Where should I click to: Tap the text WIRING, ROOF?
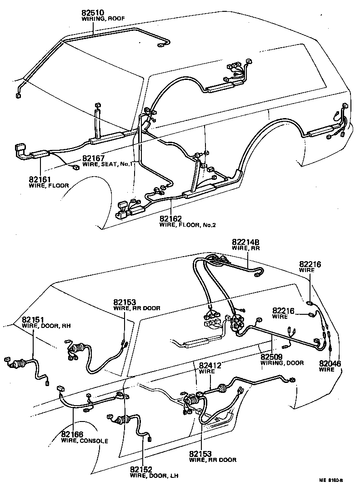tap(103, 19)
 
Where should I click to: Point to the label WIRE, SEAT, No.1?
tap(107, 164)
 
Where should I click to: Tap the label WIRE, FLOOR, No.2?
tap(186, 225)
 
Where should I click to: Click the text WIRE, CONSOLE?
tap(85, 441)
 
